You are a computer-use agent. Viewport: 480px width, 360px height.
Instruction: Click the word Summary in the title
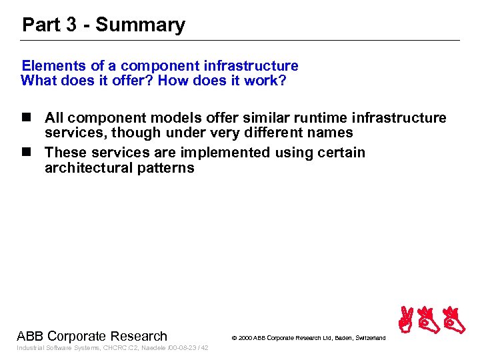click(x=140, y=25)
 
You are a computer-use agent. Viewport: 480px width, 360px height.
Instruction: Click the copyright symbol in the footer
click(x=234, y=339)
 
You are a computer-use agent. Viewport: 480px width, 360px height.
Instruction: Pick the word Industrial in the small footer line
click(x=29, y=348)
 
